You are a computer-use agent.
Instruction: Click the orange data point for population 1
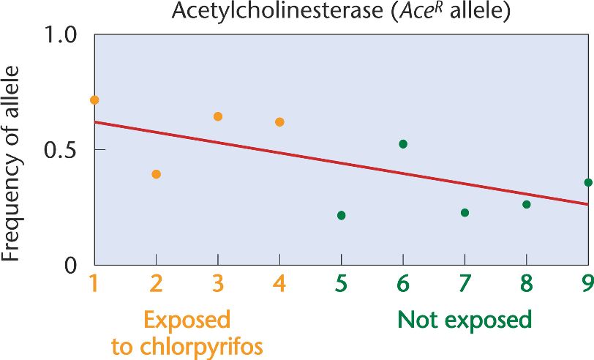click(94, 100)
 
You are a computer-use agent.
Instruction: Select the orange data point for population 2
click(156, 174)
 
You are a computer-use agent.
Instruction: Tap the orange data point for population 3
click(217, 116)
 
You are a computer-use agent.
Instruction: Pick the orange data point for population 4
click(279, 122)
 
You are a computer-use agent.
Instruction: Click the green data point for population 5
click(341, 215)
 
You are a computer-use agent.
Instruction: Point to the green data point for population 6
click(403, 143)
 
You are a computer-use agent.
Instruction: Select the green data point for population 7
click(465, 212)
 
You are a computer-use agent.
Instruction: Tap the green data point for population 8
click(526, 204)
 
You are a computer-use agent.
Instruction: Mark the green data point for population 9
click(588, 182)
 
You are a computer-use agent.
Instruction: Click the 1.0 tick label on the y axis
click(61, 36)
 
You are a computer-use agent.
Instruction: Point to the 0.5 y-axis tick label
click(61, 150)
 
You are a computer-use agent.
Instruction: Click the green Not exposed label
click(465, 320)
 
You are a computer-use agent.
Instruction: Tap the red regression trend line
click(341, 162)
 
